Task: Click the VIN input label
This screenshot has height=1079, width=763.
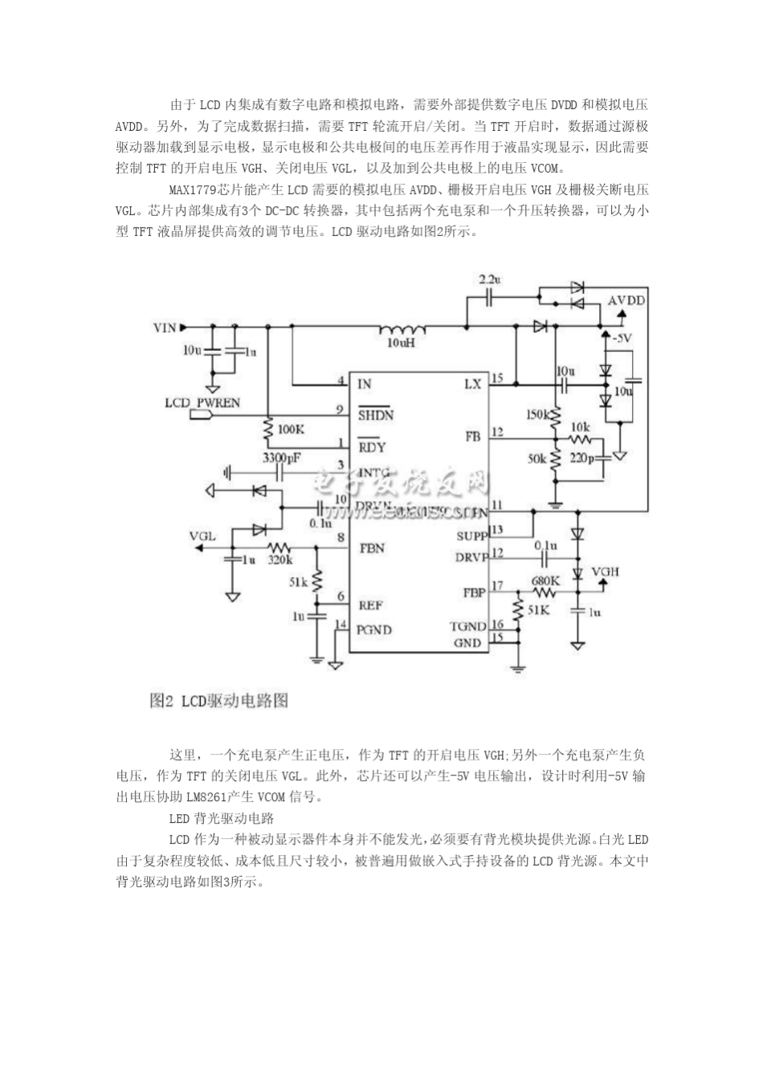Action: pyautogui.click(x=164, y=328)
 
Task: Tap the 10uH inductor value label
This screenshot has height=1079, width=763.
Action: pyautogui.click(x=400, y=342)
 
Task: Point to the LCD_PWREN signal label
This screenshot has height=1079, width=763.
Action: pyautogui.click(x=202, y=401)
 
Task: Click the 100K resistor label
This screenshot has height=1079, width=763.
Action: pyautogui.click(x=291, y=430)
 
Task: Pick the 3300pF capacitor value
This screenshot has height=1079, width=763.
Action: pyautogui.click(x=282, y=458)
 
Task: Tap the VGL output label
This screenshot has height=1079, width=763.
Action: pyautogui.click(x=202, y=535)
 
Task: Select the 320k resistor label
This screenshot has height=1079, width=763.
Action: pyautogui.click(x=280, y=559)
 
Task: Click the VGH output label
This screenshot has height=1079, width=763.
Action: pyautogui.click(x=606, y=572)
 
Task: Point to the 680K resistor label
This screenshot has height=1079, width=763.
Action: pyautogui.click(x=545, y=580)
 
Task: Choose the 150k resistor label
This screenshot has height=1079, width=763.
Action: pyautogui.click(x=537, y=414)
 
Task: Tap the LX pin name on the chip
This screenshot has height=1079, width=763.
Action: pyautogui.click(x=472, y=384)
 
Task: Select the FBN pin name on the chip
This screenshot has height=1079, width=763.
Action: pyautogui.click(x=372, y=548)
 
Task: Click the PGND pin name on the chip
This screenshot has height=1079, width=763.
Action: pyautogui.click(x=374, y=630)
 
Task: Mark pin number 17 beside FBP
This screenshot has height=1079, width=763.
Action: pyautogui.click(x=498, y=585)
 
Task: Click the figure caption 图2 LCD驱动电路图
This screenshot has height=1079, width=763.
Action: pyautogui.click(x=218, y=701)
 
